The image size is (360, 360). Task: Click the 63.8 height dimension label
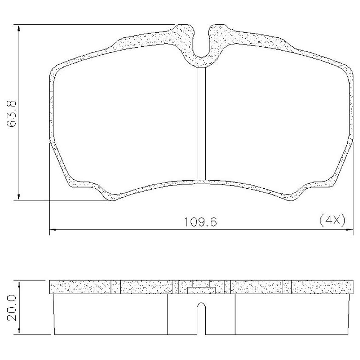pos(11,113)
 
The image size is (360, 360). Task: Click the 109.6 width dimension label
pos(201,222)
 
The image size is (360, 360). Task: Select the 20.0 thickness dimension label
pos(11,308)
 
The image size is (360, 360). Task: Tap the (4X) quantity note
pos(332,221)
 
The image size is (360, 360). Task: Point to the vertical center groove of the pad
pos(201,124)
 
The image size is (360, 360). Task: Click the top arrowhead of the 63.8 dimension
pos(19,29)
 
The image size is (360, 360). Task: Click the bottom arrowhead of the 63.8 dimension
pos(19,196)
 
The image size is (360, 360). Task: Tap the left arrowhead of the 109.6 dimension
pos(54,229)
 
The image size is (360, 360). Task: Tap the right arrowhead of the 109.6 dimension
pos(349,229)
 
